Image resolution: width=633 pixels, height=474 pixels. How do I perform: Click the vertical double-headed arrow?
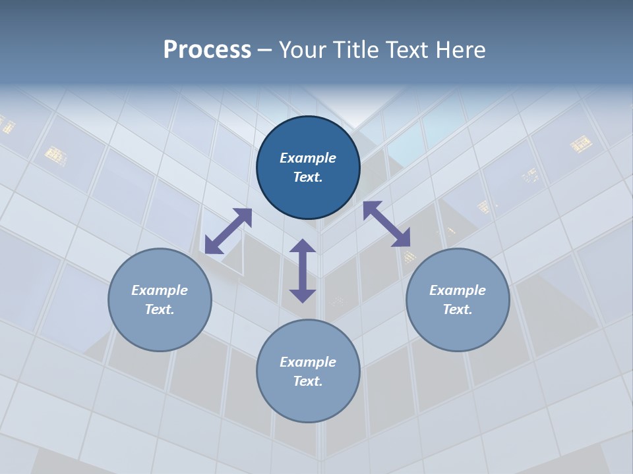pos(303,271)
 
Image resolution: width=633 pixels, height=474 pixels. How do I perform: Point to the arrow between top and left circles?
pos(228,231)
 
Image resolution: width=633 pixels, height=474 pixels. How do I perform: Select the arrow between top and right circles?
pos(387,224)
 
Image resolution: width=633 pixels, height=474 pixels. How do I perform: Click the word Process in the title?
pos(207,50)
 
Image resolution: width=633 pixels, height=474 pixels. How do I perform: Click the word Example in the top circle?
pos(308,158)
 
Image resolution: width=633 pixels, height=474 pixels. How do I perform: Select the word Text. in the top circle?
pos(308,177)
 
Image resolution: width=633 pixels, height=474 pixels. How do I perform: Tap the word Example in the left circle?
pos(160,290)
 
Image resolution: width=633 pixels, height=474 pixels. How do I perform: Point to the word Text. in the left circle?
pos(160,309)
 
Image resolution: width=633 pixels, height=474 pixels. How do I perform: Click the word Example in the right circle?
pos(458,290)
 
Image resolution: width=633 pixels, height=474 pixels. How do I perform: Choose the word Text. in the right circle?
pos(458,309)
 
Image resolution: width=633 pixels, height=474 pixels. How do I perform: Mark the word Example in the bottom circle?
pos(308,362)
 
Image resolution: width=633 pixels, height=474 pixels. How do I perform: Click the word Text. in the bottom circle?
pos(308,381)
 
